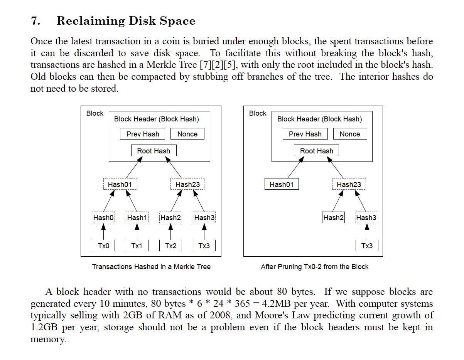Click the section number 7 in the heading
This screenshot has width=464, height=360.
pos(35,21)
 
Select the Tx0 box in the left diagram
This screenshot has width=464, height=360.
pos(103,246)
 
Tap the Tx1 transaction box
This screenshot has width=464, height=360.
pos(137,246)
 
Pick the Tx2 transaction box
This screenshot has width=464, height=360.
pos(170,246)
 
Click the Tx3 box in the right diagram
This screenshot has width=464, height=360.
pos(367,246)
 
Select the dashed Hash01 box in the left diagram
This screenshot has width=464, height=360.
pos(120,184)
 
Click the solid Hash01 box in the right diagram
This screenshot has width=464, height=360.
pos(282,184)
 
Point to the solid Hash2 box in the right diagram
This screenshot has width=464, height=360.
pos(333,218)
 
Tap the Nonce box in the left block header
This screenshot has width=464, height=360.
pos(187,134)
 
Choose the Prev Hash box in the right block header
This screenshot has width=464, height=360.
pos(305,134)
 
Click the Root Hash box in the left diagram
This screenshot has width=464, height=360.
pos(154,151)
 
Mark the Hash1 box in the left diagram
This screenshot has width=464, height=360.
pos(137,218)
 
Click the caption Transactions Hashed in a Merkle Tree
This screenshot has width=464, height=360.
pos(151,267)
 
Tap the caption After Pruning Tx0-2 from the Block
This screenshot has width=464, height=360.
pos(314,267)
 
